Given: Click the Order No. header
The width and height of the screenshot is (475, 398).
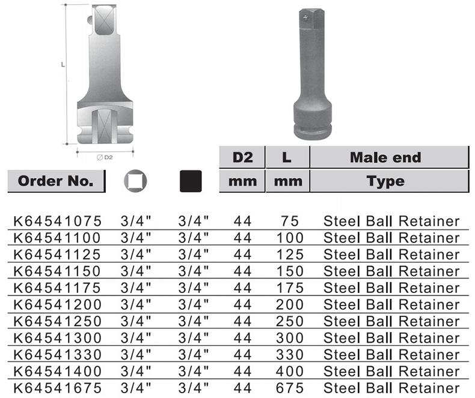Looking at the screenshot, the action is [x=56, y=181].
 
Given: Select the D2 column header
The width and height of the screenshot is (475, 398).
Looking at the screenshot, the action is [x=242, y=157].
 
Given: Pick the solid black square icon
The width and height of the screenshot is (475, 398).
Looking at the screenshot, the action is [x=191, y=181].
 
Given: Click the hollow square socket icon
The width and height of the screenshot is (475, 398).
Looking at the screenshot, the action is [x=135, y=181].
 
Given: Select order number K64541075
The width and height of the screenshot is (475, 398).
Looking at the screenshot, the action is [x=58, y=221].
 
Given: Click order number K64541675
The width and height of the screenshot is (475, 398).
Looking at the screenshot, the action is [x=58, y=388].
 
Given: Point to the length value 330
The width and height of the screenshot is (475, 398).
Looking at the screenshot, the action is [x=290, y=355].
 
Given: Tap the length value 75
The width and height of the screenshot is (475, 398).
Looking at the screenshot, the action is [x=290, y=221].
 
